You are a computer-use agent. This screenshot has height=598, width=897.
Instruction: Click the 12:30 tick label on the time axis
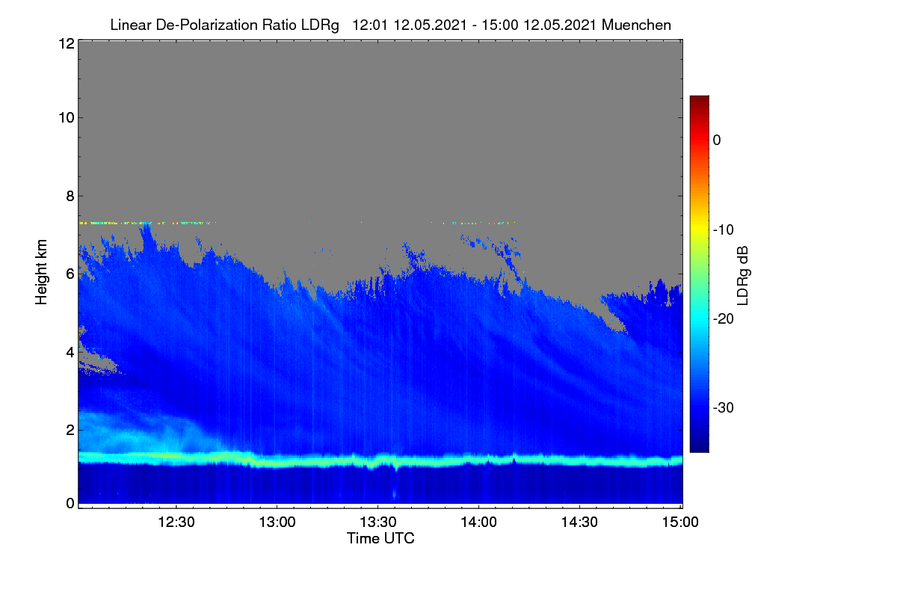pos(176,523)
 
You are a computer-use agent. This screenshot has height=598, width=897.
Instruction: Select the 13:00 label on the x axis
pos(277,523)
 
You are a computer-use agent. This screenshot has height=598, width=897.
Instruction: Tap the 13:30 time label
pos(378,523)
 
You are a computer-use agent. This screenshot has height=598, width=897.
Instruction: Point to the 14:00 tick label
pos(478,523)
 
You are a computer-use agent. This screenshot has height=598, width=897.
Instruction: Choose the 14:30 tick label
pos(579,523)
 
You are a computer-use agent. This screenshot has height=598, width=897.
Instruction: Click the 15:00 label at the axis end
pos(680,523)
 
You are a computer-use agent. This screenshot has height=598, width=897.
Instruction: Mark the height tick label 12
pos(67,43)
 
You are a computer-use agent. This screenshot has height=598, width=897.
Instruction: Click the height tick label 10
pos(67,118)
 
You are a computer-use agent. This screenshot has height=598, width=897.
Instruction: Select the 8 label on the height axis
pos(70,197)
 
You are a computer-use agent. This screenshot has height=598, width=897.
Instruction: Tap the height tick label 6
pos(70,274)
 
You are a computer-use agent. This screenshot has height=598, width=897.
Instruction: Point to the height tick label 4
pos(70,353)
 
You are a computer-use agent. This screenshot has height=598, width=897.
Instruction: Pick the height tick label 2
pos(70,430)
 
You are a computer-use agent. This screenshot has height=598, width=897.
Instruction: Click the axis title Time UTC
pos(380,538)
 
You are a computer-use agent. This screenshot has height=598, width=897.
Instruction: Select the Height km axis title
pos(41,272)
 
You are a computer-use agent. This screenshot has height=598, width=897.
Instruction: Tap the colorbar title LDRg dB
pos(743,276)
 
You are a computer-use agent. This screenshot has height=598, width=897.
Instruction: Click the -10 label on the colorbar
pos(724,230)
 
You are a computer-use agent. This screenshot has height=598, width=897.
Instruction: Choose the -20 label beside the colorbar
pos(724,319)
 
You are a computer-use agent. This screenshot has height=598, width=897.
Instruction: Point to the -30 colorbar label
pos(724,407)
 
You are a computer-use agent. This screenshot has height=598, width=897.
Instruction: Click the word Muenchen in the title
pos(636,25)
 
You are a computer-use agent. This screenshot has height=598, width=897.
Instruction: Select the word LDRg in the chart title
pos(320,25)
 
